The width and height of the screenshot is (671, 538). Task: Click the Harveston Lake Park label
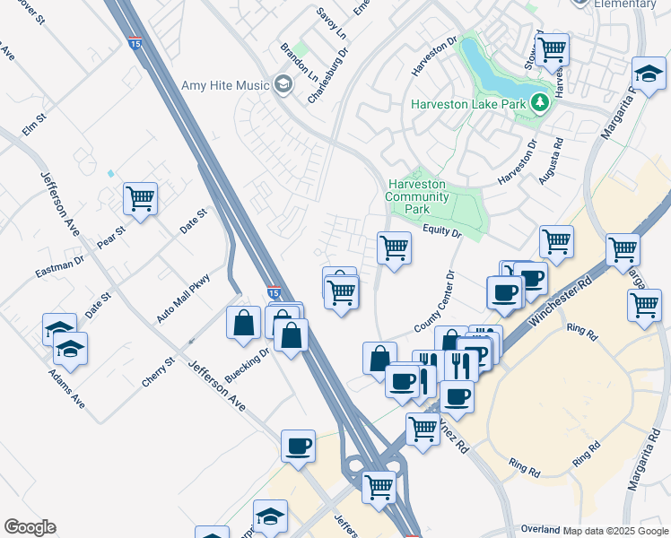click(x=467, y=104)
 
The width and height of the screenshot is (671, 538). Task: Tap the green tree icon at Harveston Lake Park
click(x=539, y=104)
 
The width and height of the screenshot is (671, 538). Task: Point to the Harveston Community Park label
click(x=417, y=196)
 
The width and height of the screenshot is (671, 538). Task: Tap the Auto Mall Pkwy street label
click(x=183, y=297)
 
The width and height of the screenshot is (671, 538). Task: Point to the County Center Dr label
click(x=435, y=305)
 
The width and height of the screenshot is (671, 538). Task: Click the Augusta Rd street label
click(x=551, y=161)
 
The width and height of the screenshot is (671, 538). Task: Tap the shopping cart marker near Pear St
click(x=141, y=198)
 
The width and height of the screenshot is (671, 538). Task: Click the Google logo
click(x=30, y=527)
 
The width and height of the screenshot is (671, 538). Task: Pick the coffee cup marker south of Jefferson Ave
click(x=298, y=445)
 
